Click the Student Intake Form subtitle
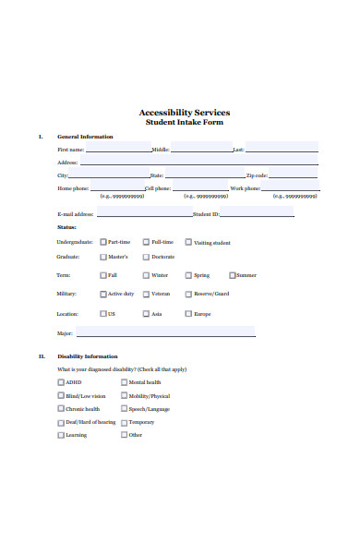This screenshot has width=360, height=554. [x=185, y=122]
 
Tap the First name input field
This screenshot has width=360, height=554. [x=118, y=148]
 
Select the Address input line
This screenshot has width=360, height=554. [x=198, y=162]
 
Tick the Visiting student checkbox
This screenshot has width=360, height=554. [x=188, y=242]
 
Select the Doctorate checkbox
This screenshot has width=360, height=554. [x=146, y=257]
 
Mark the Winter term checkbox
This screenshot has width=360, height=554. [x=146, y=275]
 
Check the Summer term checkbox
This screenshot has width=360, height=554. [x=232, y=275]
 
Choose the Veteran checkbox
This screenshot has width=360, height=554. [x=146, y=294]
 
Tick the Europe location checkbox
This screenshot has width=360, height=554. [x=188, y=313]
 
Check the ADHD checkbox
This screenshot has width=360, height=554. [x=61, y=382]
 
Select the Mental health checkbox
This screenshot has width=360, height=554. [x=124, y=382]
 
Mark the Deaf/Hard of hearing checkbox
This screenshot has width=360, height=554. [x=61, y=422]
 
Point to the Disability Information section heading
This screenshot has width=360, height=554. [x=88, y=356]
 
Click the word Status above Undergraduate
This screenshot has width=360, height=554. [x=66, y=226]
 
